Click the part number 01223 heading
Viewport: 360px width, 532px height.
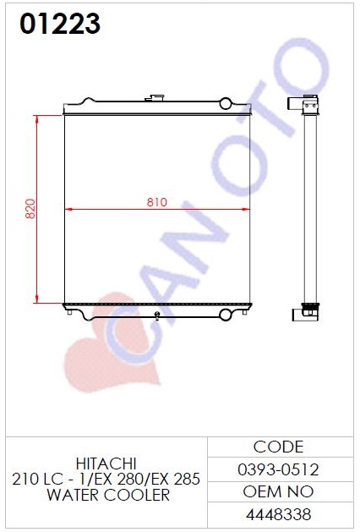60,24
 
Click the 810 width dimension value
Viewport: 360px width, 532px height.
157,202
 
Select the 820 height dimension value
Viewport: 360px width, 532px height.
30,209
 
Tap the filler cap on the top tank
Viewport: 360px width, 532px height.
155,98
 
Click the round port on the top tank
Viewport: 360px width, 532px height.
226,103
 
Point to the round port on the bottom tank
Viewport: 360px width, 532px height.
226,315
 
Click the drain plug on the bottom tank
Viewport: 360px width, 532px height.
157,315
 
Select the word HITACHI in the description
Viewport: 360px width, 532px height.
106,463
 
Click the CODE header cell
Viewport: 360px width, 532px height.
278,447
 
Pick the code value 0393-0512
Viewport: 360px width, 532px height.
278,470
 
